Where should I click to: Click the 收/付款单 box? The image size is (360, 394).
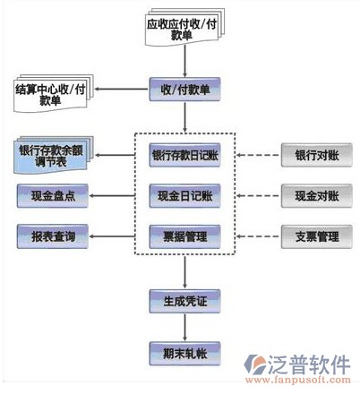184,89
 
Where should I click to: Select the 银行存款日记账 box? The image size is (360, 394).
184,155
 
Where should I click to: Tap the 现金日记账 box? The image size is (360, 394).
184,196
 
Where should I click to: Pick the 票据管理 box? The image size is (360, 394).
184,236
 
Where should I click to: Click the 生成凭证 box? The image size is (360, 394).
184,301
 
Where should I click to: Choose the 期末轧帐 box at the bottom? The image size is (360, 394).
184,354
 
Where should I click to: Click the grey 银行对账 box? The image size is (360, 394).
317,155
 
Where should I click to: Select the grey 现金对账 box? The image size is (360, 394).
317,196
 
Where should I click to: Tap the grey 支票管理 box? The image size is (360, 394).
317,236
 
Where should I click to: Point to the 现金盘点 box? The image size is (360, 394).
53,196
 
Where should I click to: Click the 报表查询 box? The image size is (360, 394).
53,236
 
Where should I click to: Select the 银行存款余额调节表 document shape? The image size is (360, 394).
54,155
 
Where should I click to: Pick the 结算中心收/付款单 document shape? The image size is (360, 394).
54,93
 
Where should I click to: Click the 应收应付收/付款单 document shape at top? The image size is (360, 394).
184,28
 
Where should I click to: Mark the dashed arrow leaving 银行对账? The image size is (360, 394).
258,155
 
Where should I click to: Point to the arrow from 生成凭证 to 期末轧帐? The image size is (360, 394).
184,328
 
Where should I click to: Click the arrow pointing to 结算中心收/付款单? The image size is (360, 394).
121,89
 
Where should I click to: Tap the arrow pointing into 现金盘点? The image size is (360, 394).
113,196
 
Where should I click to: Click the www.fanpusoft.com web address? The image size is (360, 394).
298,380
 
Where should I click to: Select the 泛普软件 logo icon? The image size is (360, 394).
254,364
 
